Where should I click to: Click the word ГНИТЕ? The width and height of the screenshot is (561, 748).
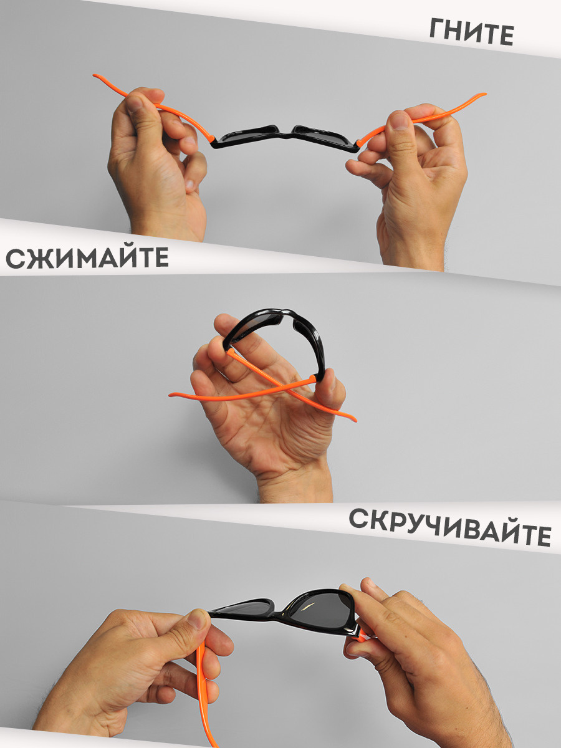pos(471,32)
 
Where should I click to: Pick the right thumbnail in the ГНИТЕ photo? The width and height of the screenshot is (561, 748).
pos(400,120)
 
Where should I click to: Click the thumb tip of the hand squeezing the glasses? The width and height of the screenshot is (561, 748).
pos(330,378)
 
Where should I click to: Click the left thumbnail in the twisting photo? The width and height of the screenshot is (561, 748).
pos(199,618)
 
